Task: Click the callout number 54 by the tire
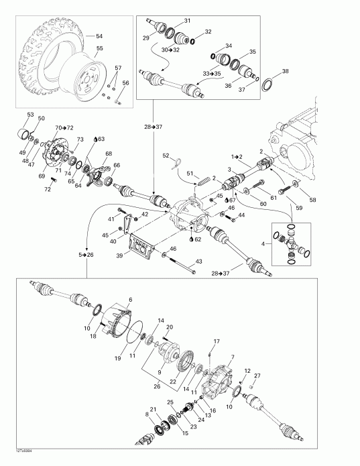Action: tap(100, 36)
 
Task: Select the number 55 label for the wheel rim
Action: tap(100, 49)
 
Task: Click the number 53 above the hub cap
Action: tap(30, 115)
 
